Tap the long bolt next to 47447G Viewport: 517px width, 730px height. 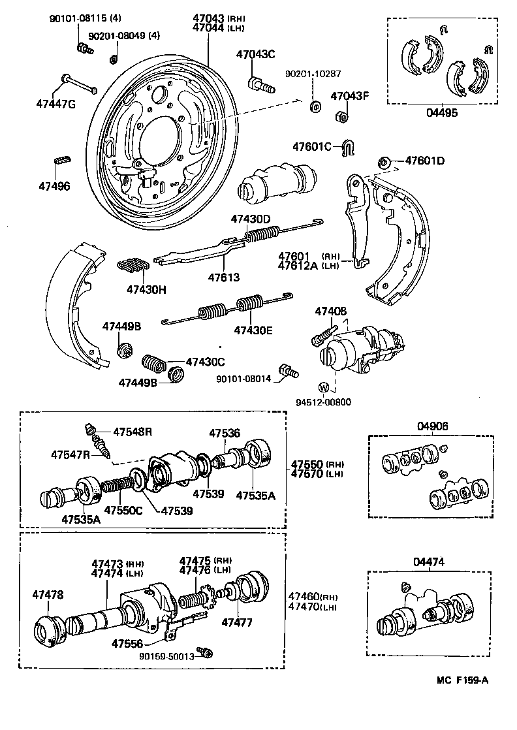pos(78,84)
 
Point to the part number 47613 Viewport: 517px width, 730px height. pos(224,278)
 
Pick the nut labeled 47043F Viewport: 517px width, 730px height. pos(340,117)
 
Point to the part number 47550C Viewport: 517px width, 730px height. pos(125,509)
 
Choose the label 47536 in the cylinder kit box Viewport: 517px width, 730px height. pos(225,433)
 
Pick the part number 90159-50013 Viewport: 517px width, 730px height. pos(166,657)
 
